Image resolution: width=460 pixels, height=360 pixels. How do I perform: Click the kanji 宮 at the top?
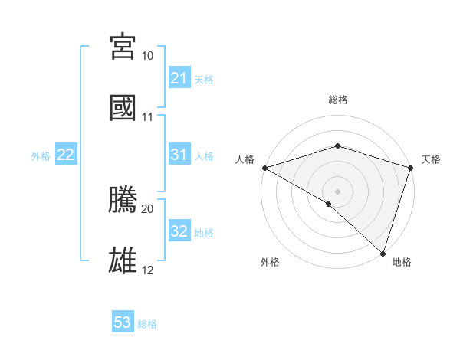[123, 47]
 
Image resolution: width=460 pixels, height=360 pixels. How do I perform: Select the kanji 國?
[123, 108]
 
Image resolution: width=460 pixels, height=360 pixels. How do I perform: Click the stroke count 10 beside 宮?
[148, 57]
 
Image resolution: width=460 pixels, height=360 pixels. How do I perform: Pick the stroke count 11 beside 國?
[148, 117]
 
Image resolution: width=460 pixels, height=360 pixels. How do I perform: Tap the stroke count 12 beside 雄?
[148, 270]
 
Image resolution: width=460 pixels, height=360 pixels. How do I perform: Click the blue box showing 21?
[179, 78]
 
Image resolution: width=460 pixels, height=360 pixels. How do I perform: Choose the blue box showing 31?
[179, 155]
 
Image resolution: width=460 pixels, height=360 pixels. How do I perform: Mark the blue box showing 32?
[179, 231]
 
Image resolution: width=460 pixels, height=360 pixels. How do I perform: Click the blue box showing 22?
[66, 155]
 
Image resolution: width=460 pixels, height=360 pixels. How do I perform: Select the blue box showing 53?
[123, 322]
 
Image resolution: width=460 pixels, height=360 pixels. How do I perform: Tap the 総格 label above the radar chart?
[338, 100]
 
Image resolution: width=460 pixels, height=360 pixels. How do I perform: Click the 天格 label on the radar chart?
[432, 159]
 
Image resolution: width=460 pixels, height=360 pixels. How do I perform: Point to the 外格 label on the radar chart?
[270, 262]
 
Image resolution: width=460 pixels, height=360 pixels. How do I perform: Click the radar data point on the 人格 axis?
[264, 168]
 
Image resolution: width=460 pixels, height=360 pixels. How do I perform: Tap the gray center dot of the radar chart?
[337, 191]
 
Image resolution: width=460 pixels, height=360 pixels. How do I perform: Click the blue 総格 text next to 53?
[148, 324]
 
